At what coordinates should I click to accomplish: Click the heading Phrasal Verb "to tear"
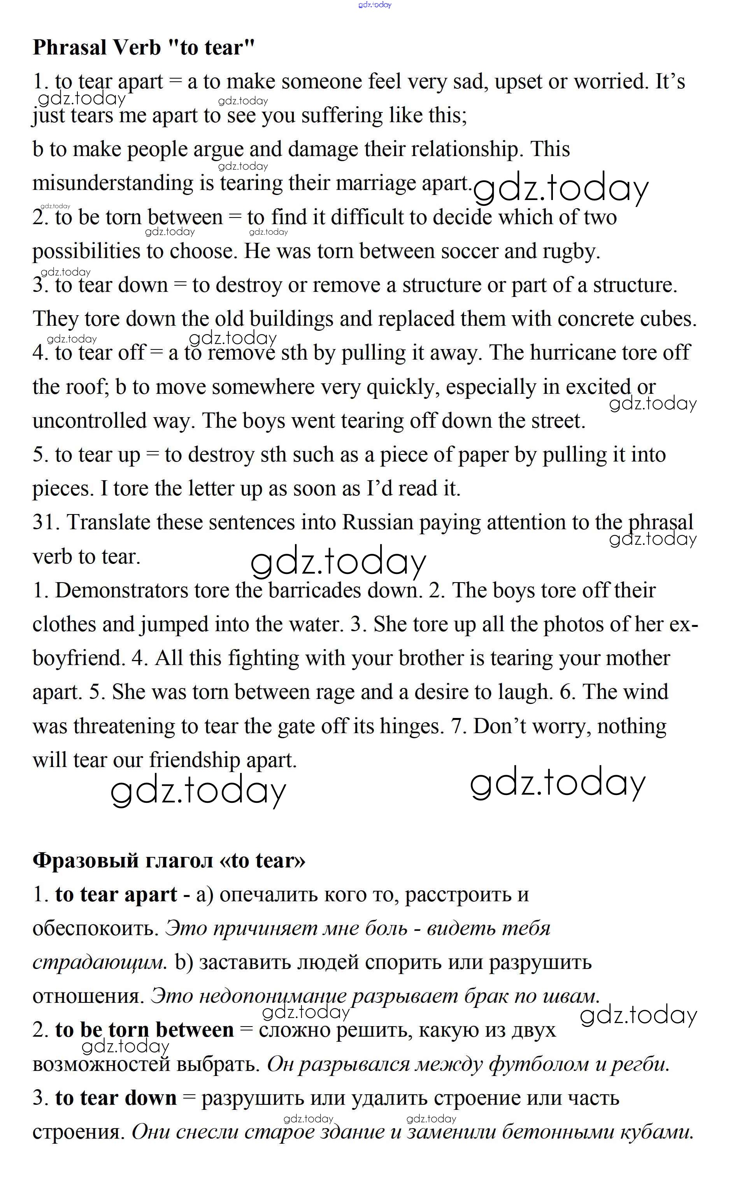point(144,47)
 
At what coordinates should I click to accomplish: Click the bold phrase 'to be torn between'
point(144,1030)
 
